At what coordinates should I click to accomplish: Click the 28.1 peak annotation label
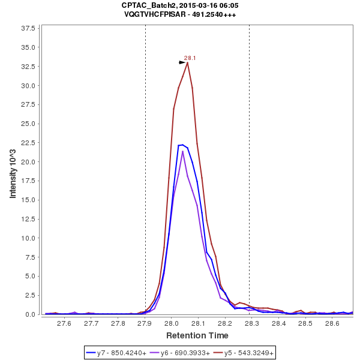[190, 58]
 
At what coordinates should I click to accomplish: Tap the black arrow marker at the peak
[182, 62]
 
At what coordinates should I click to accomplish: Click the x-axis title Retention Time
[197, 335]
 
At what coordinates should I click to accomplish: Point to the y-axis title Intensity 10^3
[13, 171]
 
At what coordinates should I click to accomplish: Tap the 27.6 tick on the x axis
[64, 323]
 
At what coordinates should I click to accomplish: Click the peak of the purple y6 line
[183, 151]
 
